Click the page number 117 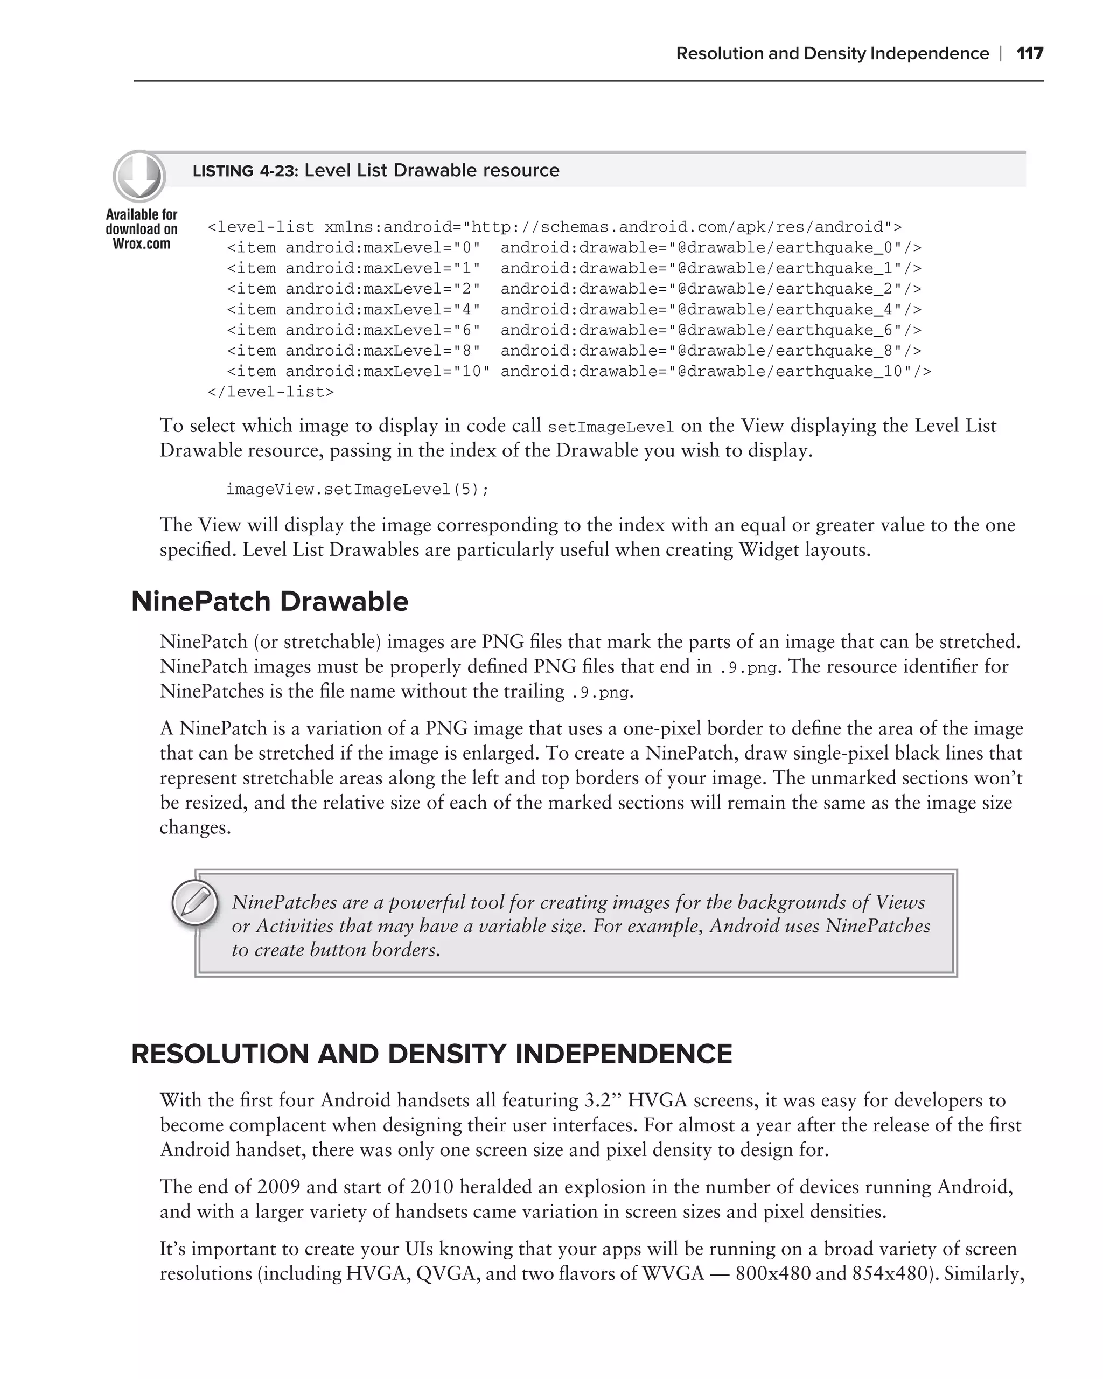[x=1029, y=53]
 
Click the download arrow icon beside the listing [x=139, y=177]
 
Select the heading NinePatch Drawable [x=269, y=602]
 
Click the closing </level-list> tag [x=270, y=392]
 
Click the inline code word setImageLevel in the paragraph [x=611, y=427]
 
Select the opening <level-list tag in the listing [x=261, y=228]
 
